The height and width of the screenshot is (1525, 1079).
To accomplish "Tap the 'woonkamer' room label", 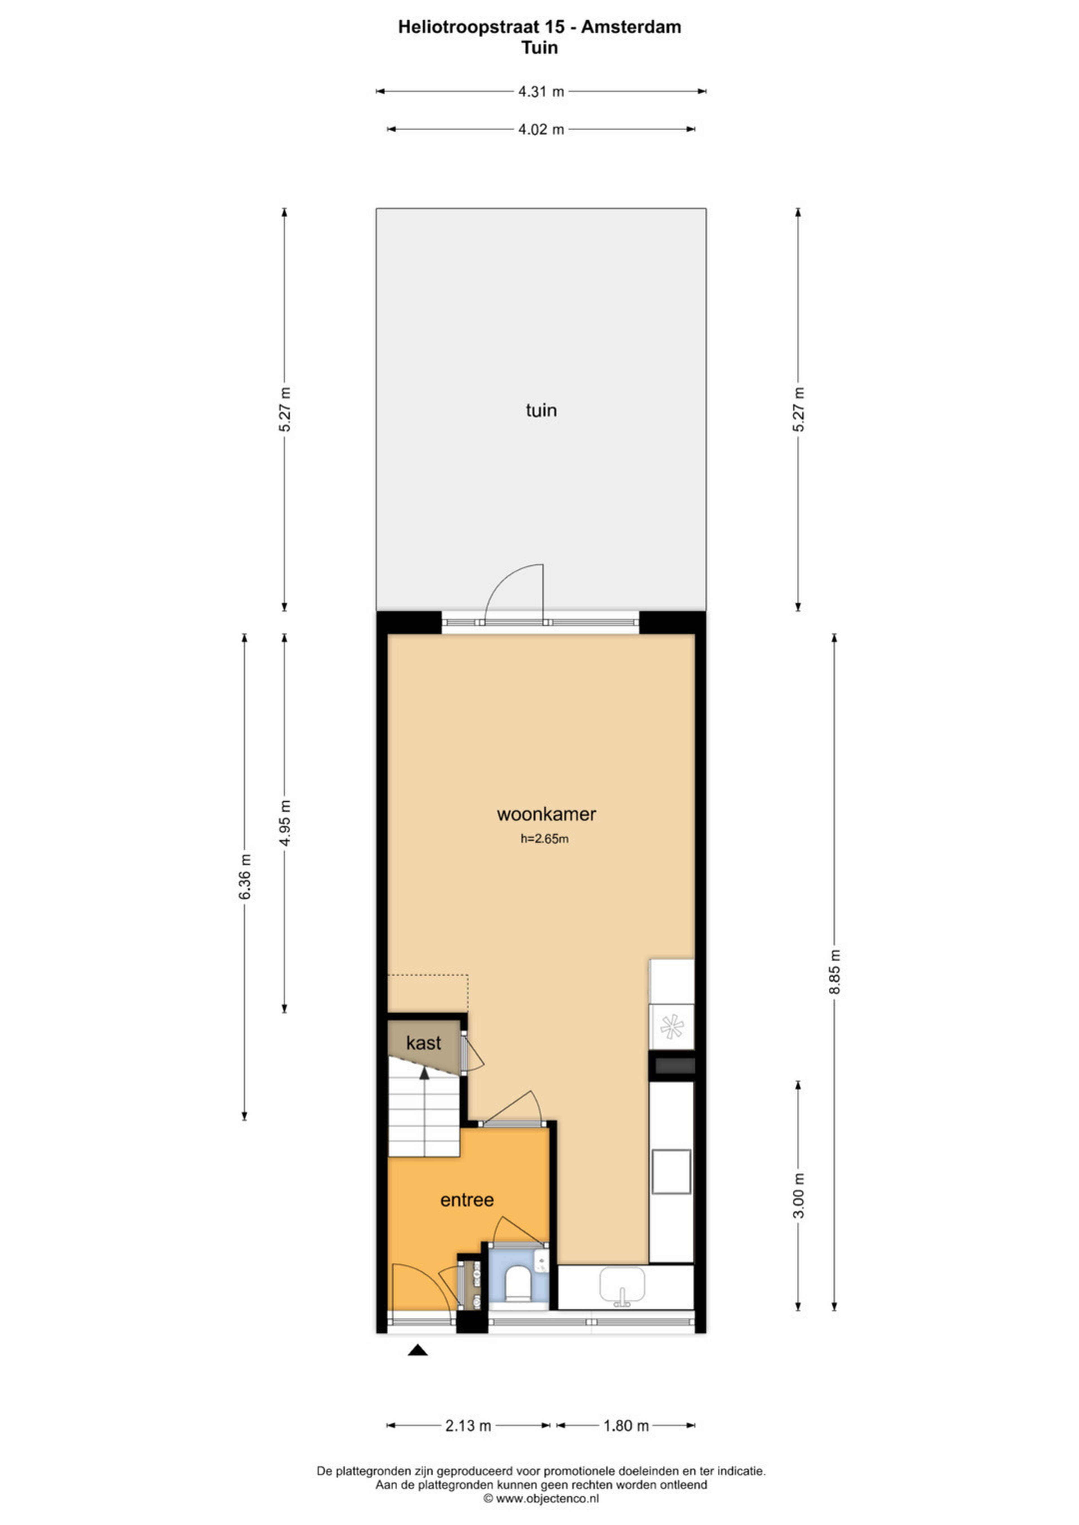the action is tap(546, 814).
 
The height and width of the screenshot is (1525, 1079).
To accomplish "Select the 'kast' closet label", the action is tap(423, 1044).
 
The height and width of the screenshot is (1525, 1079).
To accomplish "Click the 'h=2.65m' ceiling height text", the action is tap(544, 839).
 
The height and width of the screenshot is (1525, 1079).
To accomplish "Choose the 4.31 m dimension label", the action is tap(541, 92).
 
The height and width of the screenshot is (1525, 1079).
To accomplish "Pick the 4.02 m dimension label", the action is tap(541, 129).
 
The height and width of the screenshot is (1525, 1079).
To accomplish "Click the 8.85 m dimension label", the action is tap(835, 972).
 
